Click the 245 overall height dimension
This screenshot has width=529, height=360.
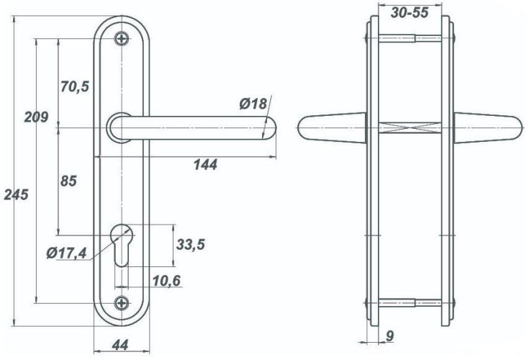click(x=16, y=195)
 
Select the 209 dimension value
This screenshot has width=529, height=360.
click(x=36, y=117)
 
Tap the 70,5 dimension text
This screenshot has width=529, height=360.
click(x=75, y=86)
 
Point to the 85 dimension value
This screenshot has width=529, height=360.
click(x=68, y=181)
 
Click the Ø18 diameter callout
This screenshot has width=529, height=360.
click(x=253, y=104)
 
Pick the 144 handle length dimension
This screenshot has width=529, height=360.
click(x=205, y=165)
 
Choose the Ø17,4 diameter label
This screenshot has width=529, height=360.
click(x=67, y=253)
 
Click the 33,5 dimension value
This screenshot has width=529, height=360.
click(x=191, y=244)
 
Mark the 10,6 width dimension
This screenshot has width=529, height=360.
click(x=167, y=280)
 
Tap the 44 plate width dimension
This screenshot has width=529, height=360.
click(x=120, y=345)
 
